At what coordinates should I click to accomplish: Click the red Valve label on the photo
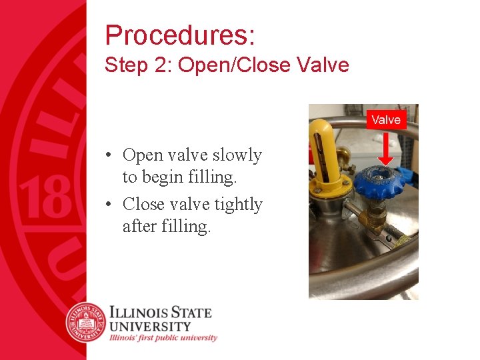(386, 120)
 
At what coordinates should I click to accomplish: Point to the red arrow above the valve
(385, 150)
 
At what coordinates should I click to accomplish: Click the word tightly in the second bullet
(239, 204)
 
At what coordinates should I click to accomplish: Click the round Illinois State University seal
(85, 322)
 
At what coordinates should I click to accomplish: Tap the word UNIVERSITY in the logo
(150, 326)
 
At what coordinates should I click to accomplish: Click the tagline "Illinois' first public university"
(163, 337)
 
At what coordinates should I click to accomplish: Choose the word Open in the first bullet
(143, 155)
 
